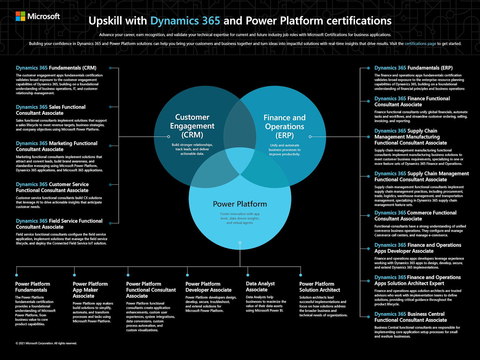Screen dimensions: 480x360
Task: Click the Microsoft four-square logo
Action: coord(20,16)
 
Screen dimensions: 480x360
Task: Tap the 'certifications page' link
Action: coord(420,44)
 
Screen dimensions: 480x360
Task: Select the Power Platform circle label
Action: coord(240,204)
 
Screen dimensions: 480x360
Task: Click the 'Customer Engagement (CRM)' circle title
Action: coord(192,126)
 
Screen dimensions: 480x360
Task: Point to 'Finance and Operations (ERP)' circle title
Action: coord(284,126)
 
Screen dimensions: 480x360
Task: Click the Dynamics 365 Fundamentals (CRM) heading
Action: coord(56,68)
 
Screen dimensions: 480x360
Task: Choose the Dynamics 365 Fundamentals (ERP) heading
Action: coord(413,68)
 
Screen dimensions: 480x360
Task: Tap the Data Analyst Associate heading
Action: coord(260,287)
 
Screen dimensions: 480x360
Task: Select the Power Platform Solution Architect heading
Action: coord(320,287)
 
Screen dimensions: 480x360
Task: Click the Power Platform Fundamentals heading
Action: coord(32,287)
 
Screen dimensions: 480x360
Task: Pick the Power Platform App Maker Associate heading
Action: coord(90,290)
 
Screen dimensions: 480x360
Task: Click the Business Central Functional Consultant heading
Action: coord(410,317)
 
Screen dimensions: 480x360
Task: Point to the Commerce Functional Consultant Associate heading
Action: coord(415,216)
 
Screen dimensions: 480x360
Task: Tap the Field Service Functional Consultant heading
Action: coord(59,224)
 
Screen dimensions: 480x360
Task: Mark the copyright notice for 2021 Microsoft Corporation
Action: coord(46,343)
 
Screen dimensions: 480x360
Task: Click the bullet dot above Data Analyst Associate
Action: coord(248,275)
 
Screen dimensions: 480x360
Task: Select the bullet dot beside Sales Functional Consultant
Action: coord(110,107)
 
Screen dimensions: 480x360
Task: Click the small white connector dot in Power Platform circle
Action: coord(240,243)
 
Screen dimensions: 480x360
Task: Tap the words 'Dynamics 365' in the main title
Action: coord(185,21)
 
